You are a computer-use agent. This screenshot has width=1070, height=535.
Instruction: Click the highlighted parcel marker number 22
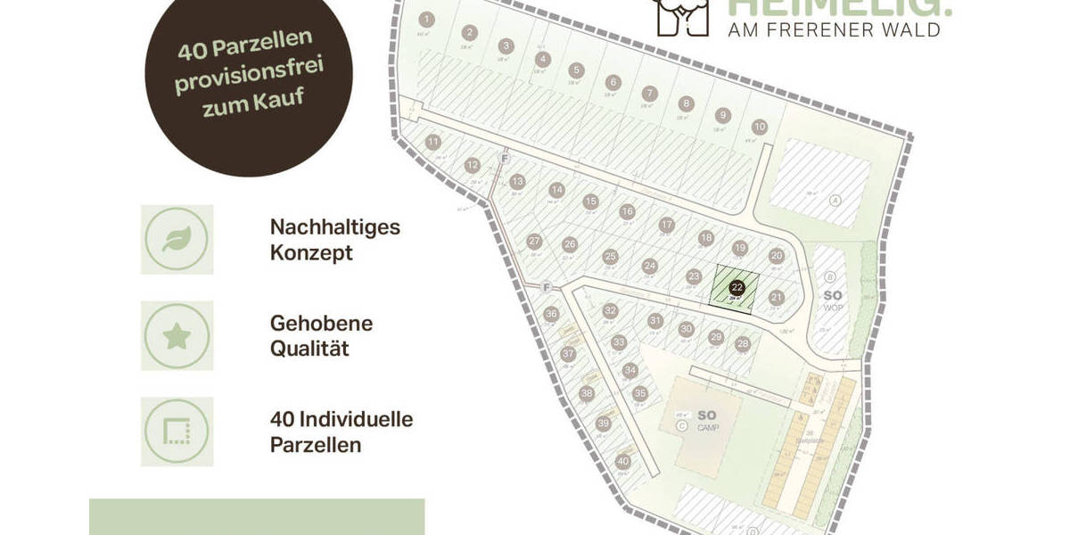click(737, 287)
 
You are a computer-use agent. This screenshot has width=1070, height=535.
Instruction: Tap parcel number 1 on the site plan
click(427, 20)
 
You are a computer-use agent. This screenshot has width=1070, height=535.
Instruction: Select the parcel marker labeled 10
click(759, 127)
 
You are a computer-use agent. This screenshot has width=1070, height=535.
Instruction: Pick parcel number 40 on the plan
click(623, 461)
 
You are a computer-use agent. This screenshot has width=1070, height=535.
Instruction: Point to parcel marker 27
click(535, 241)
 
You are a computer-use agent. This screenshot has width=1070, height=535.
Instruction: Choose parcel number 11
click(434, 142)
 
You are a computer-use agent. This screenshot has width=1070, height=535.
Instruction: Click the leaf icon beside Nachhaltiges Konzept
click(177, 239)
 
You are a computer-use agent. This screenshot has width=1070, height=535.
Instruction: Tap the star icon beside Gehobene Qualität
click(177, 336)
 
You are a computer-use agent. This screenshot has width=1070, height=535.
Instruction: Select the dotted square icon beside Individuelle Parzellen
click(177, 432)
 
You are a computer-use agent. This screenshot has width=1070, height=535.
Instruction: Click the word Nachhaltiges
click(334, 226)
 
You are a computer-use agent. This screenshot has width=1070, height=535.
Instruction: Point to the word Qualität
click(309, 348)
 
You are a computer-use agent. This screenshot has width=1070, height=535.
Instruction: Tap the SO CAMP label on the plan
click(706, 419)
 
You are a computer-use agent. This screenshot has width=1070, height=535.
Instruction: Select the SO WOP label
click(832, 300)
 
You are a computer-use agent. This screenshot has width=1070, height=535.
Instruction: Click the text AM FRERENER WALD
click(835, 30)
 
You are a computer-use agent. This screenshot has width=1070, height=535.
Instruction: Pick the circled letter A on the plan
click(835, 200)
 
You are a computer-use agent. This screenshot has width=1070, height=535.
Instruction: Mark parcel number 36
click(551, 313)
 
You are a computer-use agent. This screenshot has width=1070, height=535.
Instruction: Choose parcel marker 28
click(743, 344)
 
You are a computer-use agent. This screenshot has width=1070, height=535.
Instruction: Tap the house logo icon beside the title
click(682, 16)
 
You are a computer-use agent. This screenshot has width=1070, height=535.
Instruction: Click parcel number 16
click(628, 211)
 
